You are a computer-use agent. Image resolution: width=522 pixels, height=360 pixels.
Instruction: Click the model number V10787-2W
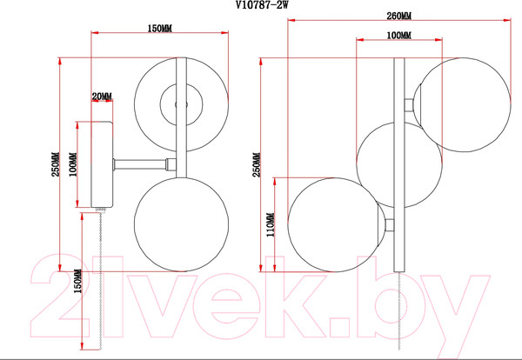(x=261, y=5)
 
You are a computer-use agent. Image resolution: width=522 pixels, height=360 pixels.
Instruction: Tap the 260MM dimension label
(x=398, y=16)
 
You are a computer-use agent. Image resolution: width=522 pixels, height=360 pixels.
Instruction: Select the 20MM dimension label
(x=102, y=97)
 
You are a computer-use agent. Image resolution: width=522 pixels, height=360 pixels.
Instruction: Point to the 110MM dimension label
(x=270, y=225)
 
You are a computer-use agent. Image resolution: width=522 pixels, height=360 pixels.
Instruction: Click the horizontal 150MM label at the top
(x=160, y=29)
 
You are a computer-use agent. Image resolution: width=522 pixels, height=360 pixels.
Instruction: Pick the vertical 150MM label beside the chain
(x=77, y=281)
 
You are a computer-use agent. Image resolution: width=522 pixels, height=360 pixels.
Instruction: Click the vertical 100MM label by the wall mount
(x=73, y=164)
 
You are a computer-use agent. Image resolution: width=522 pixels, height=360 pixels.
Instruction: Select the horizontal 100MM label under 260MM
(x=398, y=36)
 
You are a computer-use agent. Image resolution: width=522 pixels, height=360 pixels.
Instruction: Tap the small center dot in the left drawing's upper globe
(x=182, y=105)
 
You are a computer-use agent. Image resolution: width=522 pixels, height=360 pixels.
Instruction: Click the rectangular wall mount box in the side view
(x=102, y=164)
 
